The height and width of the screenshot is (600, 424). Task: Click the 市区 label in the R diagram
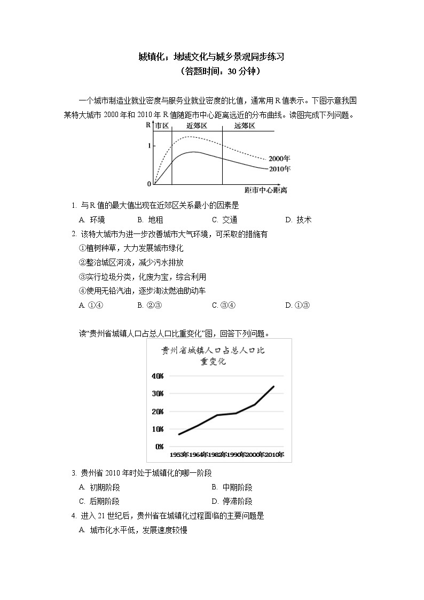tap(162, 126)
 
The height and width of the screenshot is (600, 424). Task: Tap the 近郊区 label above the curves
tap(197, 126)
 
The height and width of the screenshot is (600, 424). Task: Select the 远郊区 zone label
tap(245, 126)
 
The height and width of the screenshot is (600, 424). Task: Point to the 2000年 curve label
tap(279, 159)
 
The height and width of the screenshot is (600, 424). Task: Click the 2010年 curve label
tap(279, 169)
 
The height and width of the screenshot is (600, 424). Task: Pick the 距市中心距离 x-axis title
tap(265, 190)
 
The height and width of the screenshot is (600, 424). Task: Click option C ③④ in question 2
tap(224, 305)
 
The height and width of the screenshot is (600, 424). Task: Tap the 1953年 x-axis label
tap(179, 454)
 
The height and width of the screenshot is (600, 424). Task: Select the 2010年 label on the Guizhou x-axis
tap(274, 454)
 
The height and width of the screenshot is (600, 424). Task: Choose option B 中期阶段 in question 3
tap(232, 487)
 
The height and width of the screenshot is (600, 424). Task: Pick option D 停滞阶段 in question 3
tap(232, 501)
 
